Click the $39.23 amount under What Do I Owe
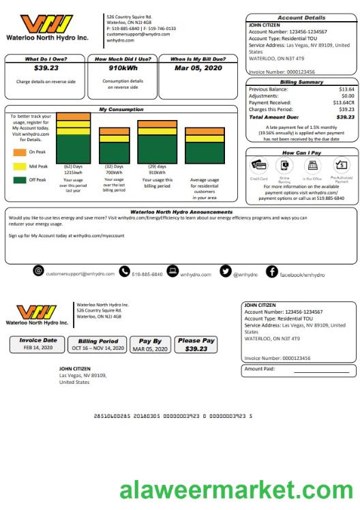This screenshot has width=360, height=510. click(46, 68)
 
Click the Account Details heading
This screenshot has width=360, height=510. click(301, 18)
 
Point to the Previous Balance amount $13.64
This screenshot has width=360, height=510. click(346, 89)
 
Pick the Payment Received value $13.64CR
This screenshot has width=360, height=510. click(342, 103)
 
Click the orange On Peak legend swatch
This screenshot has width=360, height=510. click(19, 151)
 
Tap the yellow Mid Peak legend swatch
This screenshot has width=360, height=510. click(19, 166)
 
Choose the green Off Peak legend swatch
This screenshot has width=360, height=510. click(19, 180)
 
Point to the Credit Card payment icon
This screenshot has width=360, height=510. click(259, 165)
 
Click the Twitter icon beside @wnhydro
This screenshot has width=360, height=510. click(225, 272)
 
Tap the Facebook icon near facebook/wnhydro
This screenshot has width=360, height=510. click(271, 272)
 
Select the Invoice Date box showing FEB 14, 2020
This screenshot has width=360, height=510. click(38, 344)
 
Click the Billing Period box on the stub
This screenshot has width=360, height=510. click(98, 344)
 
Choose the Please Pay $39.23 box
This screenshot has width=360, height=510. click(196, 344)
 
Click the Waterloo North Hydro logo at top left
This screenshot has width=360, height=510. click(45, 28)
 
